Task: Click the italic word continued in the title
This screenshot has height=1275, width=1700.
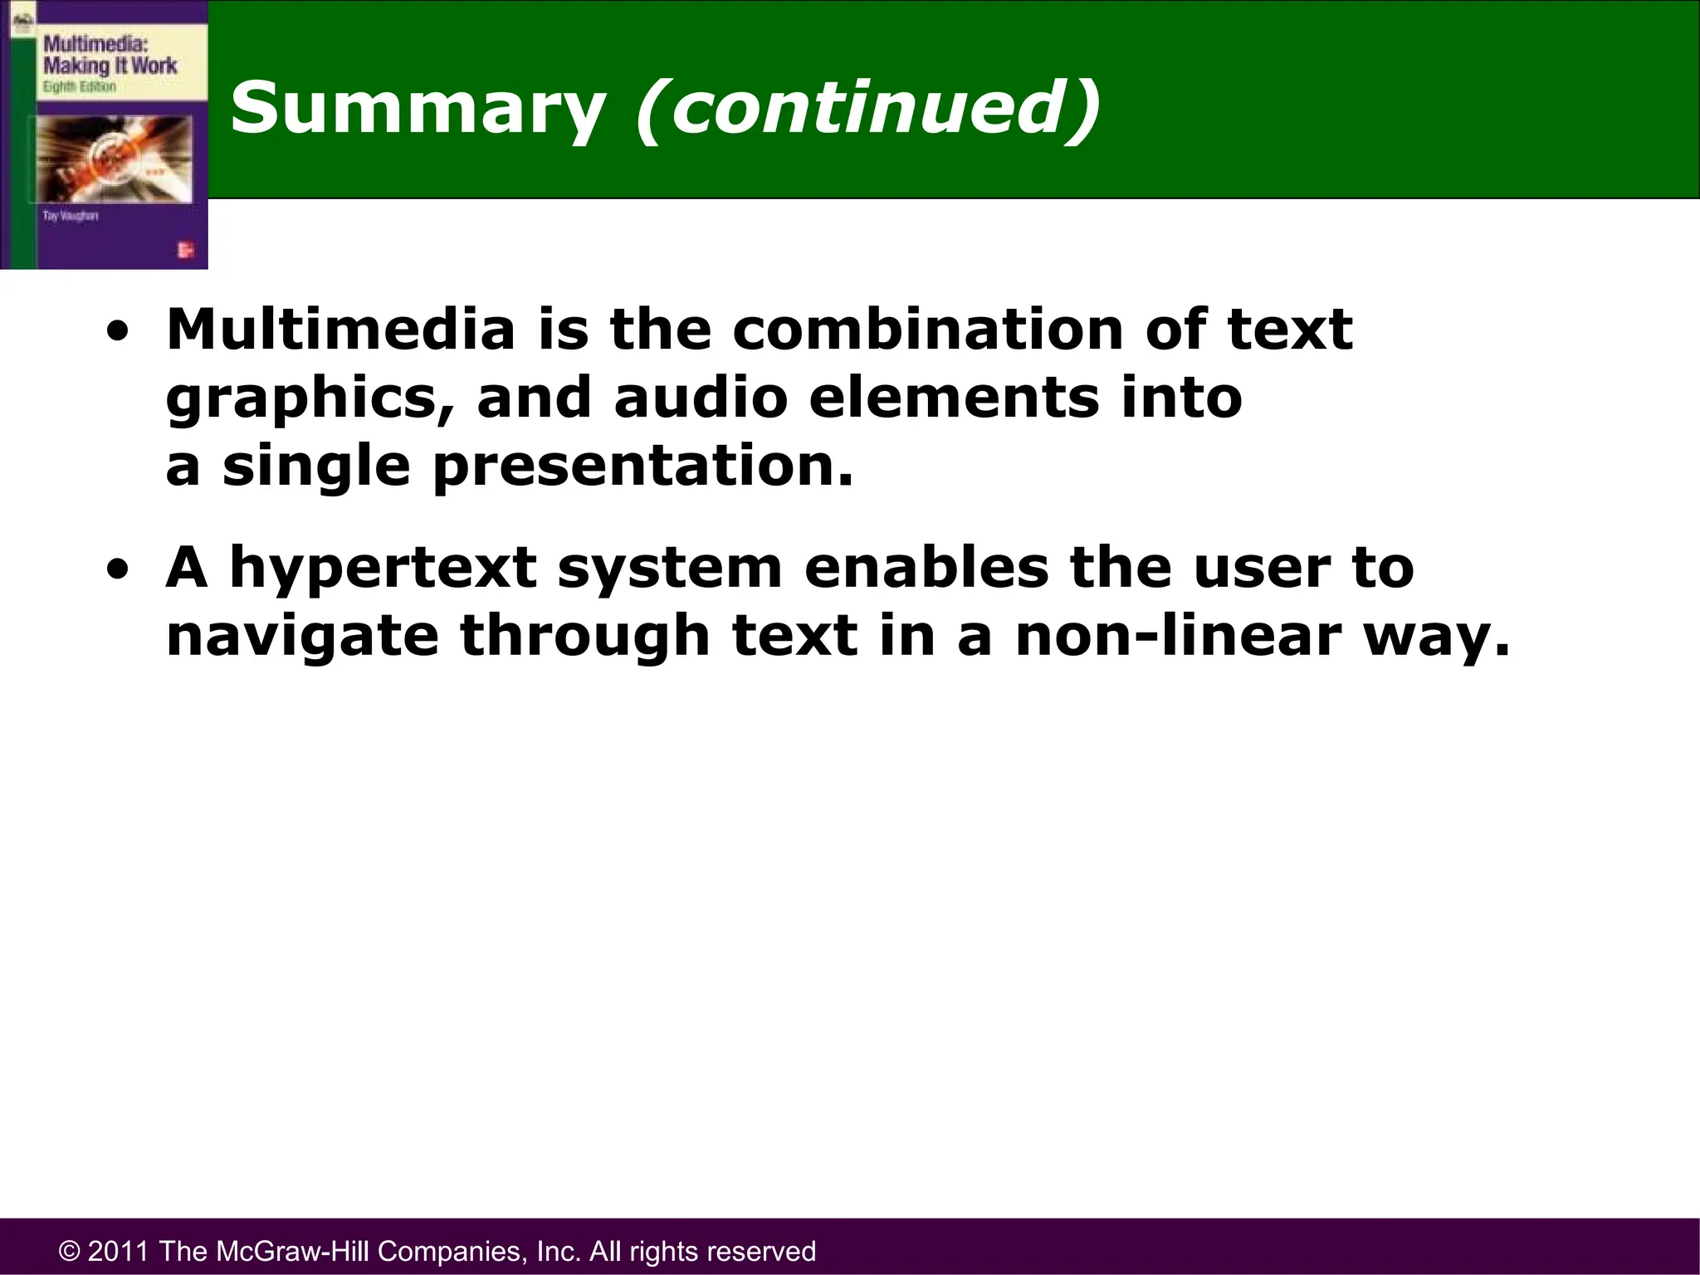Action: pyautogui.click(x=868, y=108)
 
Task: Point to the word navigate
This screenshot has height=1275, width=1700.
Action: pyautogui.click(x=302, y=638)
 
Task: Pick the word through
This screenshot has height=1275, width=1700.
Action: pyautogui.click(x=584, y=638)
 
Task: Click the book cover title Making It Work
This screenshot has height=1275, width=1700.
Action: pyautogui.click(x=110, y=66)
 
